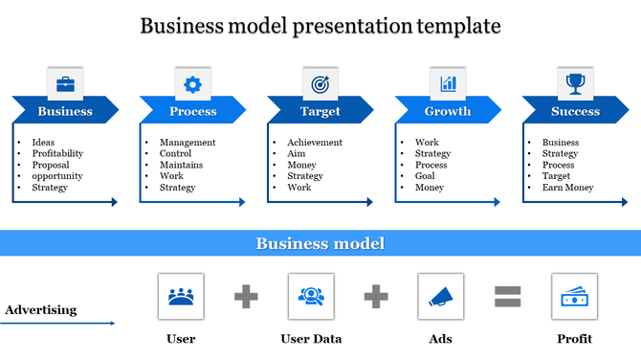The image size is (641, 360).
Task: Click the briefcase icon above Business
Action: coord(65,84)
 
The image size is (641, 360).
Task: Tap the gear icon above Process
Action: coord(192,84)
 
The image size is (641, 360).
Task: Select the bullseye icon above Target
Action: coord(320,84)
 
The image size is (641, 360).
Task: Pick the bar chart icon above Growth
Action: coord(448,84)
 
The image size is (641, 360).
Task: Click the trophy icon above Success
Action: coord(575,84)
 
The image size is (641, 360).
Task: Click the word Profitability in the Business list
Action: coord(57,153)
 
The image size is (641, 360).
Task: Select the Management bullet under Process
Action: coord(188,143)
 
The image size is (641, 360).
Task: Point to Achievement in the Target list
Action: coord(315,143)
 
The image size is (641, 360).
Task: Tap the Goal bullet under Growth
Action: coord(426,176)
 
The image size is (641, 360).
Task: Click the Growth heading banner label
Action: coord(448,111)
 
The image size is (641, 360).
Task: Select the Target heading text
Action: coord(320,111)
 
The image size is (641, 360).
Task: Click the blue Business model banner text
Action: coord(320,243)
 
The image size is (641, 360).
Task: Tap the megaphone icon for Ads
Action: coord(441,296)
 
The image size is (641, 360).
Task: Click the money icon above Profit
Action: coord(574,296)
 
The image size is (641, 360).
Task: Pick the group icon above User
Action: coord(180,296)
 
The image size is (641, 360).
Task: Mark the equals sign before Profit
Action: coord(507,297)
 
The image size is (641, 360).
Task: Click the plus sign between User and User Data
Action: coord(246,297)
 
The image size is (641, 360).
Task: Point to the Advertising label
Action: coord(40,309)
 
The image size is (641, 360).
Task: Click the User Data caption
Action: coord(311,338)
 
